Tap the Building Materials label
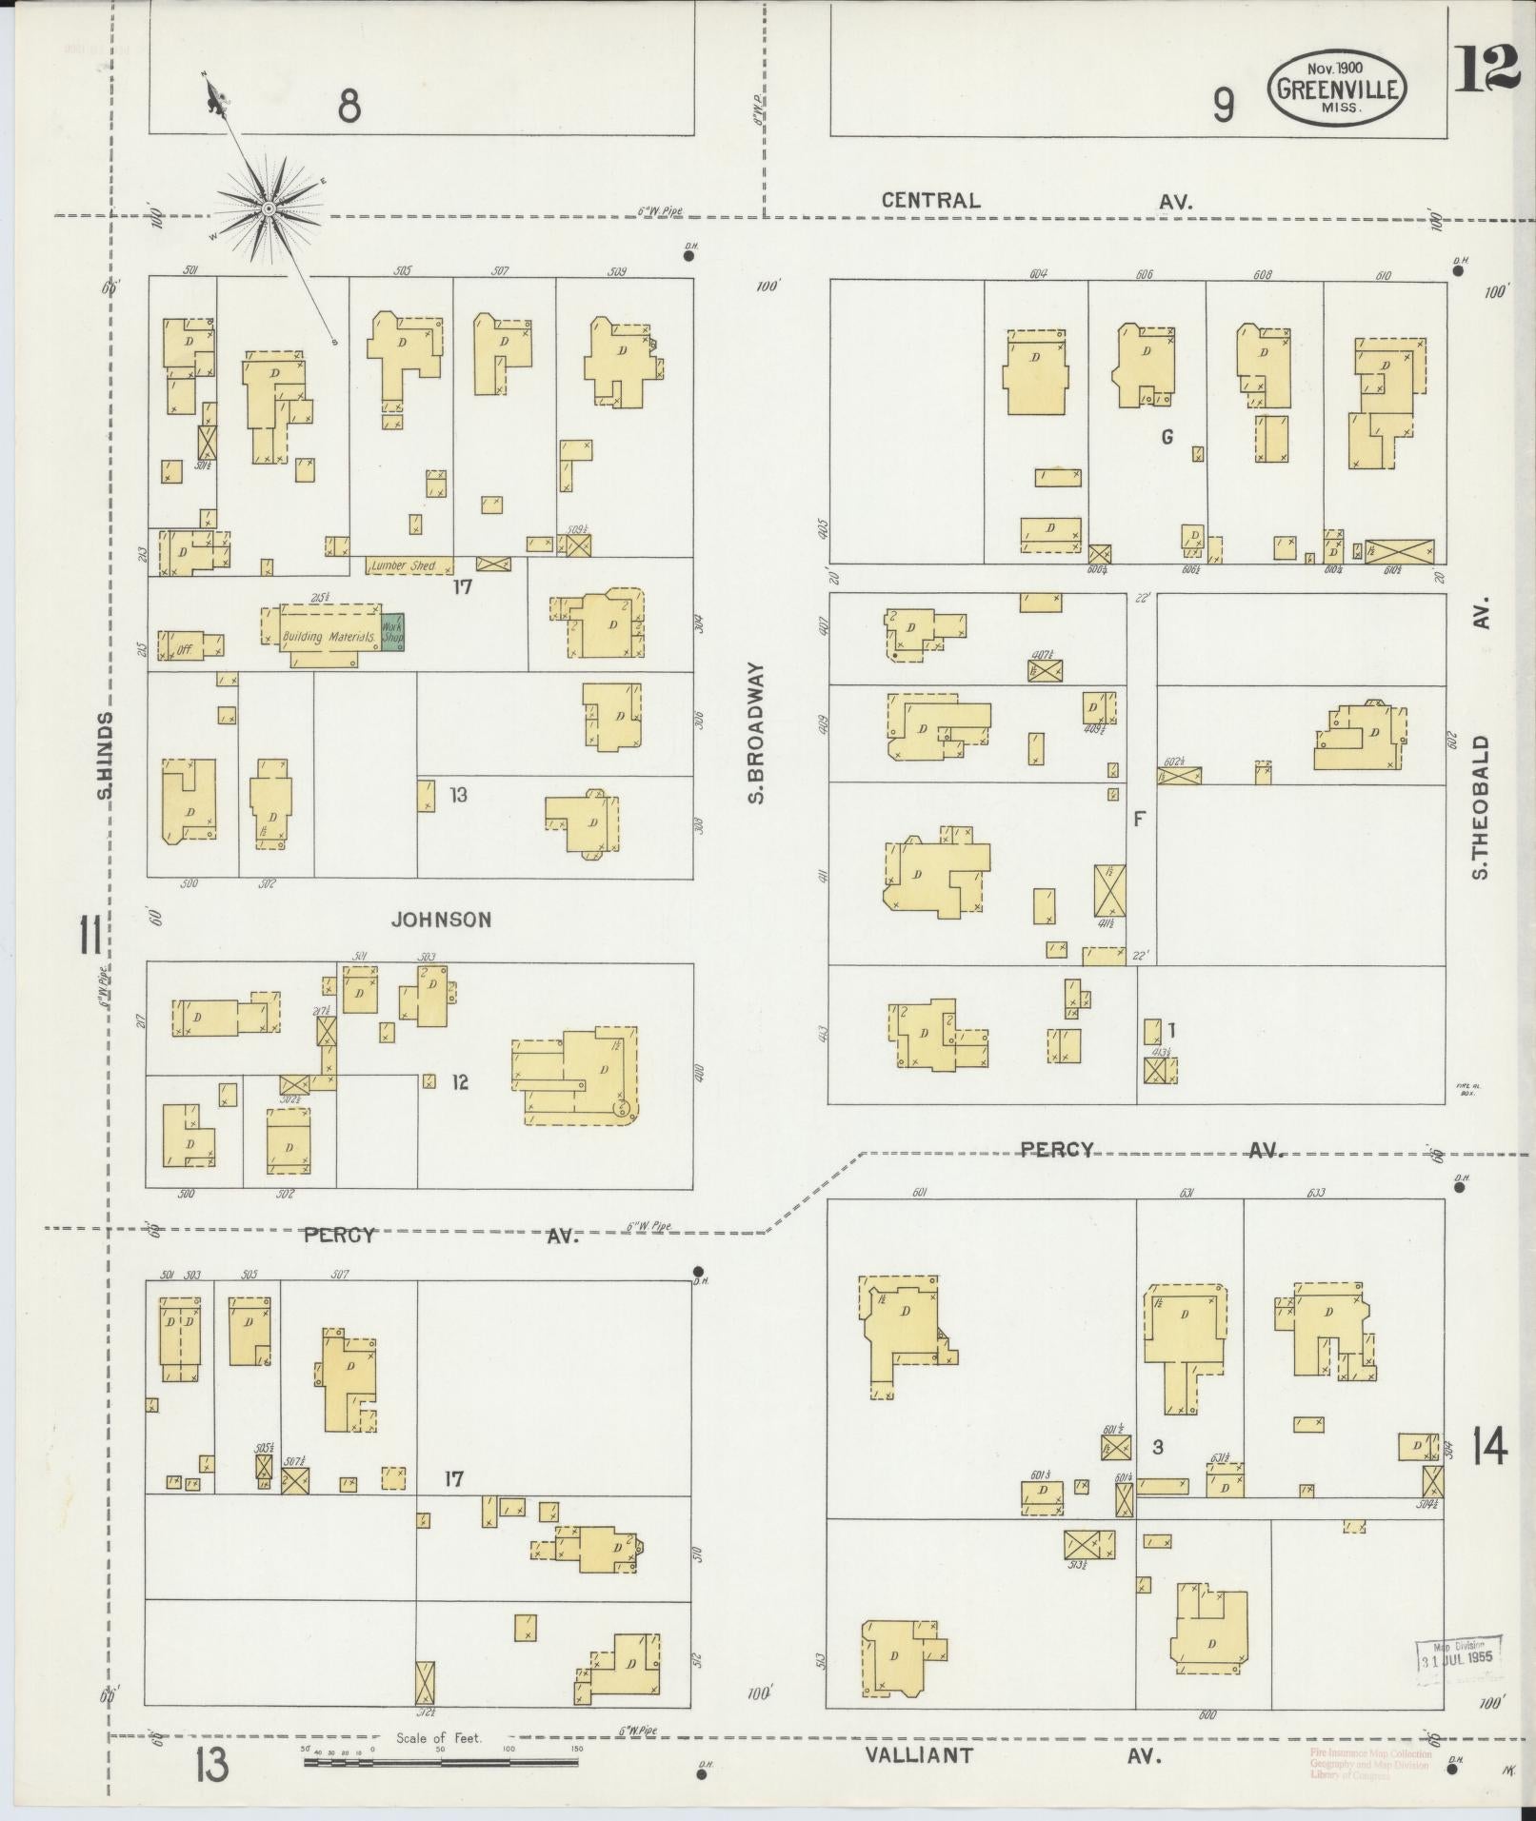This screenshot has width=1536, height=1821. (329, 636)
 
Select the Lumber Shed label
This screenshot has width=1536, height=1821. (403, 565)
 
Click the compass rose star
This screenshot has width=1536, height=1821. (269, 207)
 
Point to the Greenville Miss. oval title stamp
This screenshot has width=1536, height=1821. (1337, 89)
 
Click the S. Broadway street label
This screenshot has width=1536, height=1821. (757, 733)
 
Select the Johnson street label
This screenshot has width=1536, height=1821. (442, 920)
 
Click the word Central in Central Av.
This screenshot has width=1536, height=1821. (930, 200)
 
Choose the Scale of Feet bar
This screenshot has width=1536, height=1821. (441, 1762)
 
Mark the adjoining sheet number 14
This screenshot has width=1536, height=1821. (1488, 1475)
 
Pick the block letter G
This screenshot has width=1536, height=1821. (1167, 437)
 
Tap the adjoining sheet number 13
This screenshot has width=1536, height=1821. (210, 1766)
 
